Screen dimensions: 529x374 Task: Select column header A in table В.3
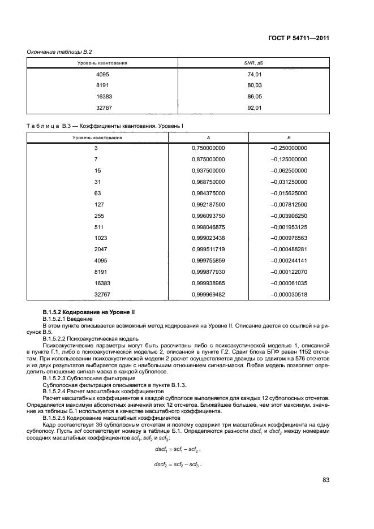pos(209,137)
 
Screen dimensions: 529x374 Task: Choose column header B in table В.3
pos(289,137)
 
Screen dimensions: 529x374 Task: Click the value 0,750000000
pos(209,148)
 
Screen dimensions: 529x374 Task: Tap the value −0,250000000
pos(289,148)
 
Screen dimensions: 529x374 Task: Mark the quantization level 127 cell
pos(98,204)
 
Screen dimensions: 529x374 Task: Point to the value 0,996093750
pos(209,216)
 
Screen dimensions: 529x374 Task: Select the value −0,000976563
pos(289,238)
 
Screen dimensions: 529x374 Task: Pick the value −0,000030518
pos(289,295)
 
